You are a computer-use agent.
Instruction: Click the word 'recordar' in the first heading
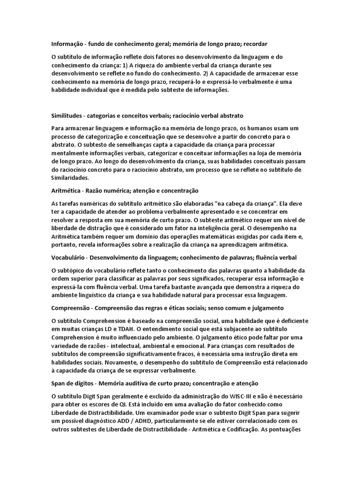[x=255, y=44]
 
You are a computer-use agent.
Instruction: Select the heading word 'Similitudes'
[x=67, y=115]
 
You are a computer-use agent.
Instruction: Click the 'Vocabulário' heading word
[x=68, y=258]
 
